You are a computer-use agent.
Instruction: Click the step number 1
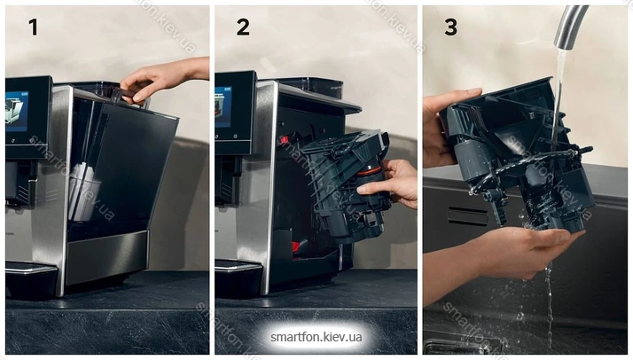(x=33, y=27)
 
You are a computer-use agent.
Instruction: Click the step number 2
(x=243, y=27)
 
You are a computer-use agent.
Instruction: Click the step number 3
(x=451, y=27)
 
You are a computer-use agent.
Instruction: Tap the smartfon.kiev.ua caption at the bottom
(x=316, y=337)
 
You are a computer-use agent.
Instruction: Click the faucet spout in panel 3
(x=569, y=26)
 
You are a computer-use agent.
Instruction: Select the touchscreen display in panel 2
(x=223, y=106)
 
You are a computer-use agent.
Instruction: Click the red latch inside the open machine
(x=284, y=139)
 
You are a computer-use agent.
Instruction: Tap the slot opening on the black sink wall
(x=468, y=216)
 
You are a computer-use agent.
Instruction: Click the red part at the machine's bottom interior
(x=300, y=246)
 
